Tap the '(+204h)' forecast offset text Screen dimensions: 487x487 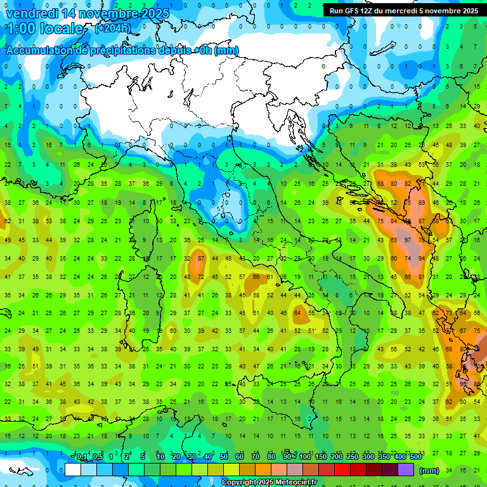click(x=112, y=29)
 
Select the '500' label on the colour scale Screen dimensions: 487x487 click(x=415, y=457)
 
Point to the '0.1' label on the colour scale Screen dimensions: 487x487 click(x=82, y=457)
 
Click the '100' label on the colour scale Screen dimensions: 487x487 click(x=304, y=457)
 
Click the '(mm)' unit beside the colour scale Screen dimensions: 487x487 click(x=429, y=471)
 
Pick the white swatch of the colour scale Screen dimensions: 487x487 click(x=73, y=470)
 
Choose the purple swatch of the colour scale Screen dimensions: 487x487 click(x=406, y=470)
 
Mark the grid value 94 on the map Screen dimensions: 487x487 click(x=421, y=258)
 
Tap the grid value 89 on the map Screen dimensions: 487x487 click(x=421, y=202)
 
